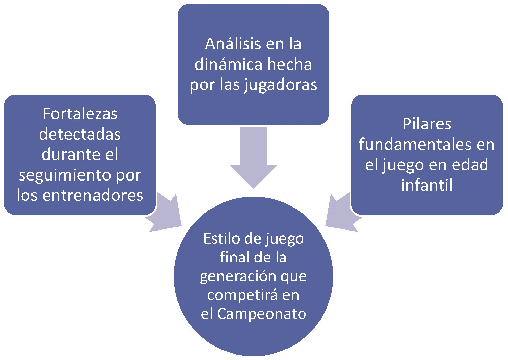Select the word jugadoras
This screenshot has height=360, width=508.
[281, 85]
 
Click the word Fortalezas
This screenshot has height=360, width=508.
[80, 114]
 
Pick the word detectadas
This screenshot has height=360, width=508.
[80, 134]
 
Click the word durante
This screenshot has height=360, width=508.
[68, 154]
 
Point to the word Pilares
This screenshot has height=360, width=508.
[427, 124]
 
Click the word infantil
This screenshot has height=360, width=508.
[427, 185]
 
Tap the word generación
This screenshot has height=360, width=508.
[239, 276]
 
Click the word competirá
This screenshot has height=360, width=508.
[241, 295]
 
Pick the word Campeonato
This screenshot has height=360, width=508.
[262, 314]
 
